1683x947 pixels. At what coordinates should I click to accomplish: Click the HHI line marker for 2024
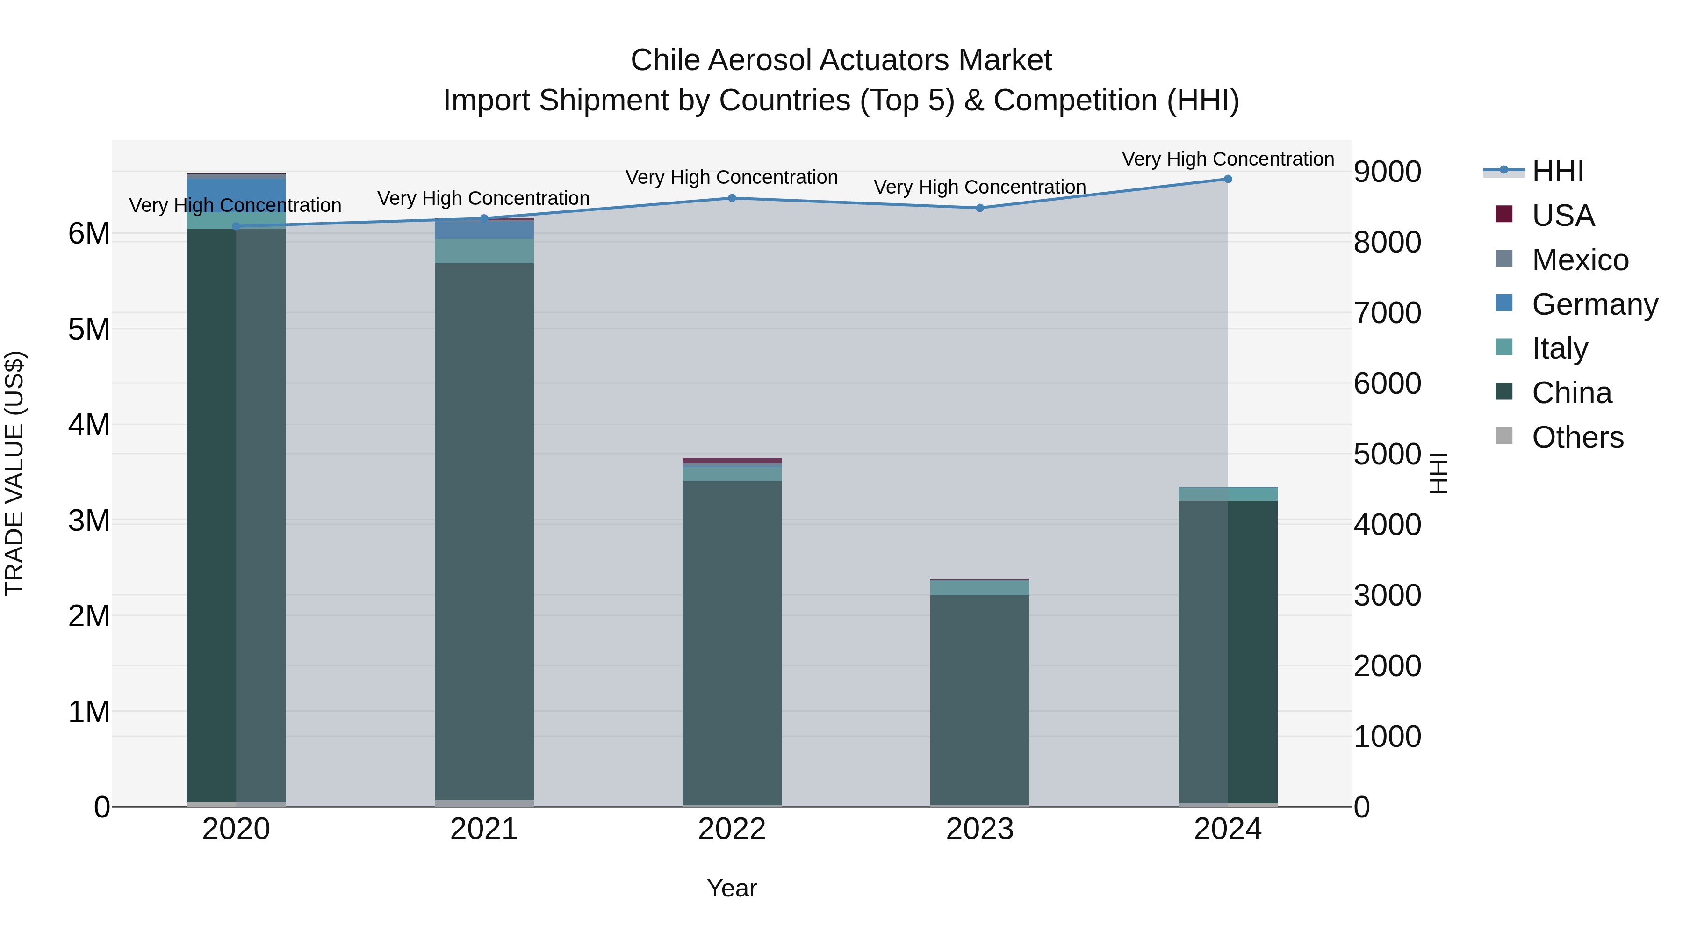tap(1228, 179)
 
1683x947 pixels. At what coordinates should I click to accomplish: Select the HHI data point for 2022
tap(732, 198)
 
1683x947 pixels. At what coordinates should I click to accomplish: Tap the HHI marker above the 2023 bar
tap(979, 208)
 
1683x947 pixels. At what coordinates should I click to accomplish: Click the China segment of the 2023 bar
tap(979, 699)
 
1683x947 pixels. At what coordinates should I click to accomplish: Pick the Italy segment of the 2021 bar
tap(484, 251)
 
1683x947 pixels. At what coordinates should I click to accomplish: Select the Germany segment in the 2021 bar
tap(484, 230)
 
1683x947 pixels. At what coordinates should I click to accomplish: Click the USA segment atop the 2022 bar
tap(732, 461)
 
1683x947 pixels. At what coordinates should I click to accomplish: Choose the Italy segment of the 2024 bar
tap(1228, 495)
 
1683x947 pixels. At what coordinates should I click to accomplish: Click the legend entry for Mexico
tap(1580, 260)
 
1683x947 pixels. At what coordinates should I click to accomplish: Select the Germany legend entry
tap(1594, 304)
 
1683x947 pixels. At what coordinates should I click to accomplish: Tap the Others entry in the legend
tap(1577, 437)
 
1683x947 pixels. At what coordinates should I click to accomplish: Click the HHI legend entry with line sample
tap(1558, 171)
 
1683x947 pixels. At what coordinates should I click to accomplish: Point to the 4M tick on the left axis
tap(89, 425)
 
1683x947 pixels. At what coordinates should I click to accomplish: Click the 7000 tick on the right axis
tap(1387, 312)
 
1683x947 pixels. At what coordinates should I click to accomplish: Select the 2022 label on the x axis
tap(732, 829)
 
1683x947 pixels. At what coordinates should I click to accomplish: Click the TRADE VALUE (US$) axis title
tap(14, 473)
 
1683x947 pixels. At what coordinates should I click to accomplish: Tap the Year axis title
tap(732, 888)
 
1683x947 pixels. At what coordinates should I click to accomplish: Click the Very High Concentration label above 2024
tap(1228, 159)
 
